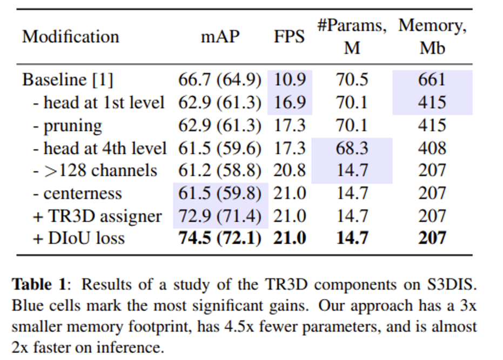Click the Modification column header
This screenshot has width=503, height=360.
pyautogui.click(x=70, y=37)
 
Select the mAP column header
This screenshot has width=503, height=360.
pyautogui.click(x=220, y=37)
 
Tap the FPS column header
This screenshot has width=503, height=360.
pyautogui.click(x=289, y=37)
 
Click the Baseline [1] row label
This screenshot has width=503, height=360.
pyautogui.click(x=68, y=80)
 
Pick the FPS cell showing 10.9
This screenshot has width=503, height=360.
pyautogui.click(x=290, y=80)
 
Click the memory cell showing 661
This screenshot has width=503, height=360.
pyautogui.click(x=432, y=80)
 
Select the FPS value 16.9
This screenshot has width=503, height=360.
pyautogui.click(x=290, y=103)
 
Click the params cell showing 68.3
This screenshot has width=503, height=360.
pyautogui.click(x=352, y=148)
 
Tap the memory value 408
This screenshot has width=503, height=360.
pyautogui.click(x=432, y=148)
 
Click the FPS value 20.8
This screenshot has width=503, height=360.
pyautogui.click(x=290, y=171)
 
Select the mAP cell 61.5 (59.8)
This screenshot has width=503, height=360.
pyautogui.click(x=220, y=194)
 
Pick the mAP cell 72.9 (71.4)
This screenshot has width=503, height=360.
pyautogui.click(x=220, y=216)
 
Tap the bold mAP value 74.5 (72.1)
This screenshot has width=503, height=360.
pyautogui.click(x=220, y=238)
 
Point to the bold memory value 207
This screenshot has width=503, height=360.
pyautogui.click(x=432, y=238)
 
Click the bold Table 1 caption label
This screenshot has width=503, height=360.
pyautogui.click(x=39, y=284)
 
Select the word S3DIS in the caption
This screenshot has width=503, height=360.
pyautogui.click(x=449, y=284)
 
